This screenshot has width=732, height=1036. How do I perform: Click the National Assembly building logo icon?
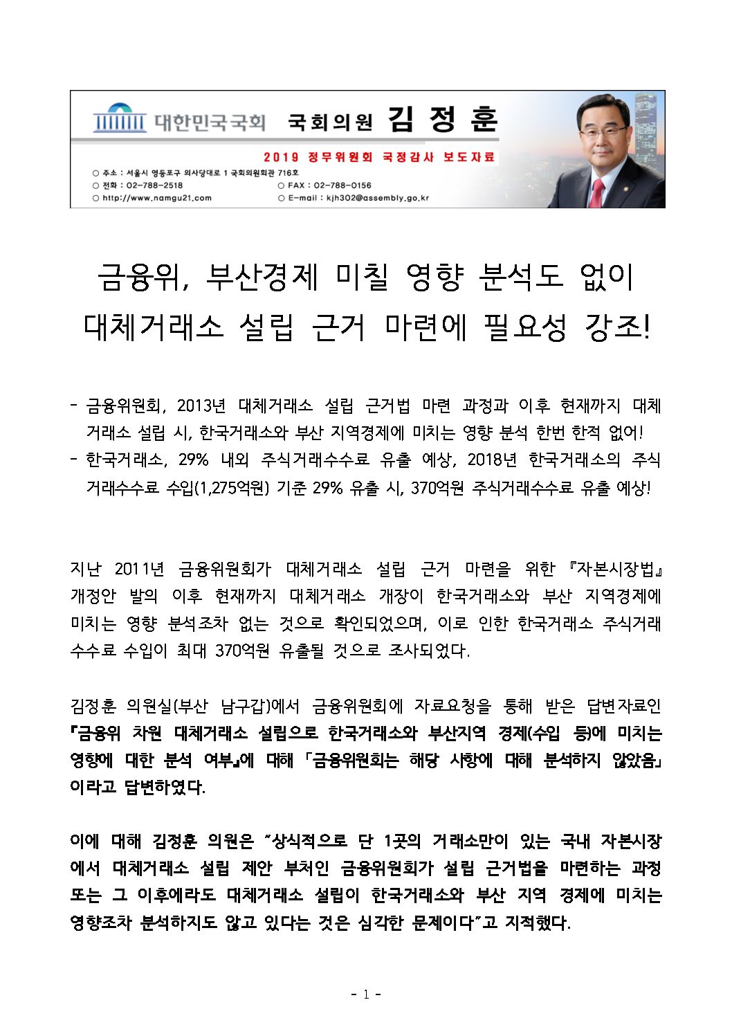pyautogui.click(x=119, y=118)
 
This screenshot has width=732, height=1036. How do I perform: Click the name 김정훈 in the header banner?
pyautogui.click(x=442, y=120)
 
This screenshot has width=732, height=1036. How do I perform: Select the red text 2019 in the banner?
pyautogui.click(x=281, y=157)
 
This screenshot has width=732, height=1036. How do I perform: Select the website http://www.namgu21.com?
pyautogui.click(x=157, y=198)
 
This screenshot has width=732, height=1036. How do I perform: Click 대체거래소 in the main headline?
pyautogui.click(x=153, y=326)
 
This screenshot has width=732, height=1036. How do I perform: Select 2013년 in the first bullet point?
pyautogui.click(x=201, y=406)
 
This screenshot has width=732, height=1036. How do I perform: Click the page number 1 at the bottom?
pyautogui.click(x=365, y=994)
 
